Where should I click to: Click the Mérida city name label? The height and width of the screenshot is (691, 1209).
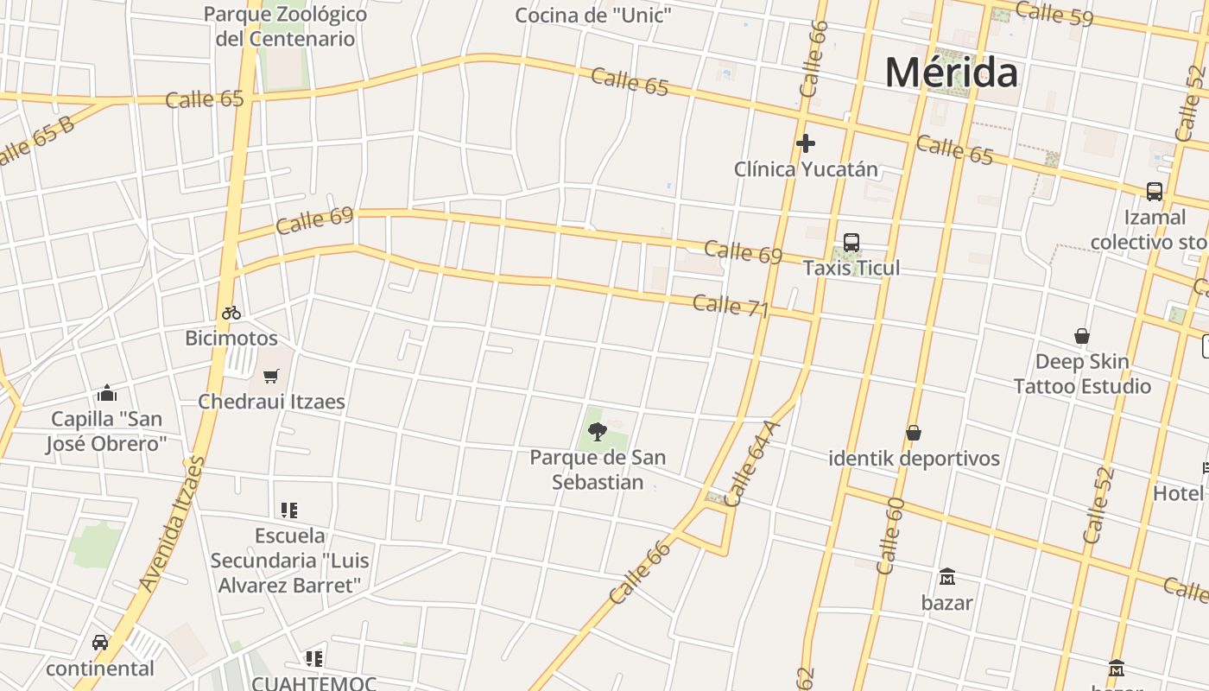(951, 73)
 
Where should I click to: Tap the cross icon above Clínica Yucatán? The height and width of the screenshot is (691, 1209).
(806, 143)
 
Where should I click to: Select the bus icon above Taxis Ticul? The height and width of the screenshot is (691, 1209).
(851, 243)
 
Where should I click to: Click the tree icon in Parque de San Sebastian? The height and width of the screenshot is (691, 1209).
(597, 431)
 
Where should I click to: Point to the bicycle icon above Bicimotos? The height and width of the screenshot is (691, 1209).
(231, 313)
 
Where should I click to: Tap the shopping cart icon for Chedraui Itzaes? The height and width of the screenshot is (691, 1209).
(271, 376)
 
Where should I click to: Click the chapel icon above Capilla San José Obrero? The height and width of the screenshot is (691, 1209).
(107, 394)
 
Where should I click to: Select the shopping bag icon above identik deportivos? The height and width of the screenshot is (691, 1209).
(914, 433)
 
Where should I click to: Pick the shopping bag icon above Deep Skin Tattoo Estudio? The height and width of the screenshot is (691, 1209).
(1081, 336)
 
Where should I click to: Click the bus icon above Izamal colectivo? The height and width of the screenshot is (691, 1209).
(1154, 192)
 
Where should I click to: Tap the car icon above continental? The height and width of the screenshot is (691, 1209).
(100, 643)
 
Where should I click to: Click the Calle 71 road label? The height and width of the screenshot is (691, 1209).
(730, 305)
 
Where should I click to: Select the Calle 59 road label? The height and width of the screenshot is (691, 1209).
(1054, 14)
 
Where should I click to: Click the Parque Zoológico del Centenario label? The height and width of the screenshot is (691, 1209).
(285, 26)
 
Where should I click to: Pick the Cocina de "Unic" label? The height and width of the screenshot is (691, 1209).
(592, 15)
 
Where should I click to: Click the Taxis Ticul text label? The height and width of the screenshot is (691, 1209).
(851, 268)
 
